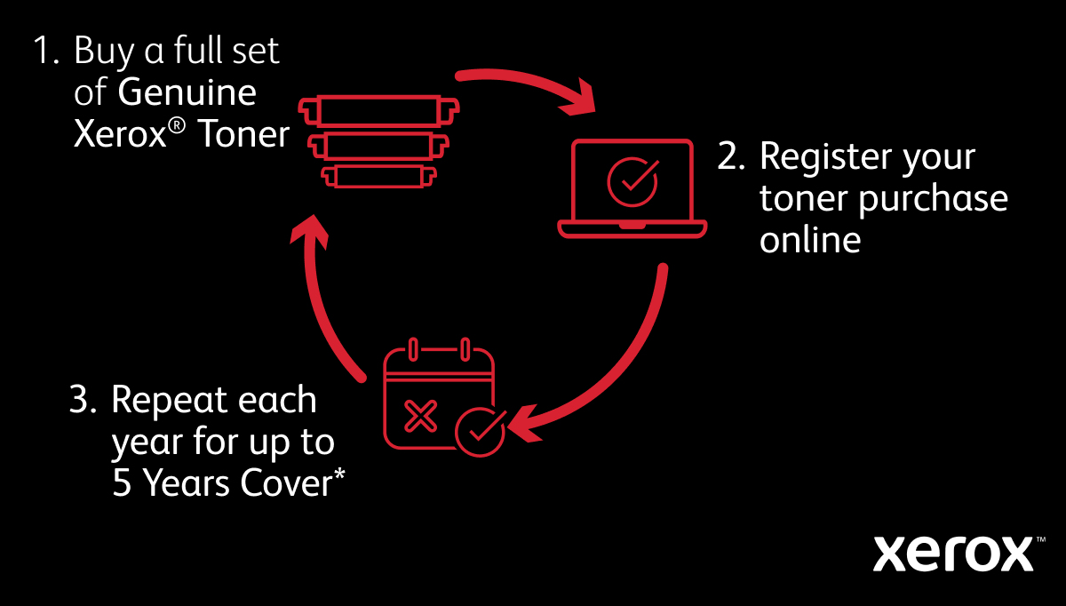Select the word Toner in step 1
[x=243, y=135]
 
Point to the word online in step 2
[x=810, y=240]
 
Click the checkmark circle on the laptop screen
[x=632, y=180]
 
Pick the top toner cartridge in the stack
[x=379, y=111]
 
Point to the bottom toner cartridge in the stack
[x=379, y=175]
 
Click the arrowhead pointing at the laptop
[x=582, y=97]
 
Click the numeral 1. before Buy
[x=45, y=52]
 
